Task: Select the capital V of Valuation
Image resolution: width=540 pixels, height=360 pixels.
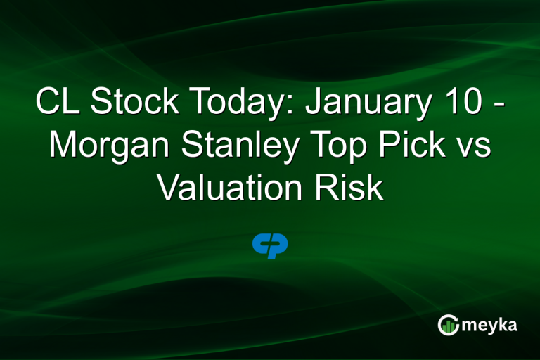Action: tap(167, 188)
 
